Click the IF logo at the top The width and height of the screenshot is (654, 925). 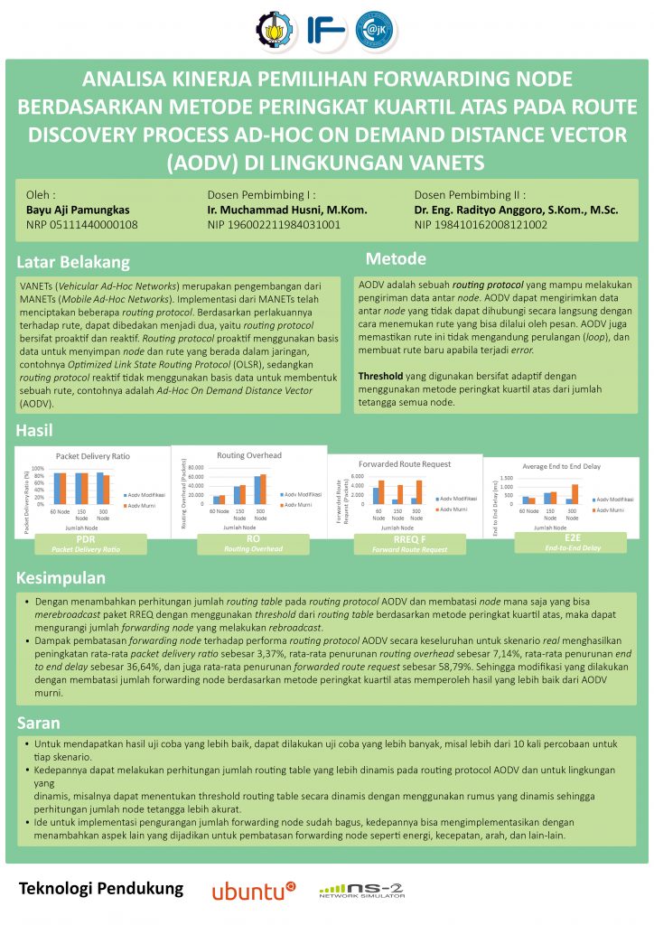325,28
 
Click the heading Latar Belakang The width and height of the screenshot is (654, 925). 74,263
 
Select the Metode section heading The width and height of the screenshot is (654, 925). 396,259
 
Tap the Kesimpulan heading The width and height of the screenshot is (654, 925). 61,577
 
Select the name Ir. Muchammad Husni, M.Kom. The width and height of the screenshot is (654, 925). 287,210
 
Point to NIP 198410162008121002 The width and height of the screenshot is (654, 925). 481,225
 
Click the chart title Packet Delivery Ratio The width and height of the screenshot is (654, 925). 93,456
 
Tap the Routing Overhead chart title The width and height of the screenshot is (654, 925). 249,454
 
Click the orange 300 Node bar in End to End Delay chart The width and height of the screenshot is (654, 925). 575,493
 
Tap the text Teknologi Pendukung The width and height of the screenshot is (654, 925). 101,889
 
